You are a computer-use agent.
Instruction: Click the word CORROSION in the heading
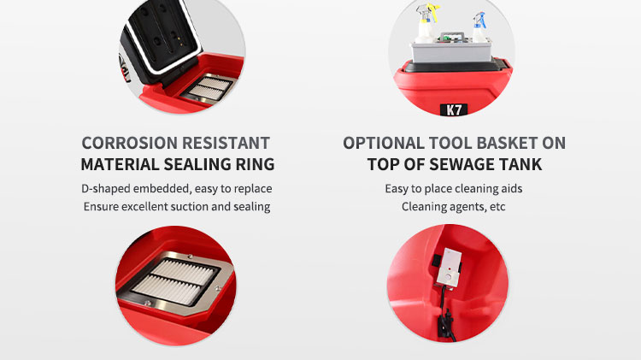point(129,143)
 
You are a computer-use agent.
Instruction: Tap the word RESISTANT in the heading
point(226,143)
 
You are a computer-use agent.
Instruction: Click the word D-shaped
point(105,189)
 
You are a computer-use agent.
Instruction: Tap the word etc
point(497,207)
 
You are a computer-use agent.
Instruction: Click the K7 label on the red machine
point(453,109)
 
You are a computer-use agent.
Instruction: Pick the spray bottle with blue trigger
point(479,27)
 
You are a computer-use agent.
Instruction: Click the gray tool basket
point(452,48)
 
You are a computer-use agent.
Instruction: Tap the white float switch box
point(449,268)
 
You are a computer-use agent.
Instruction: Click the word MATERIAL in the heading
point(121,164)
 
